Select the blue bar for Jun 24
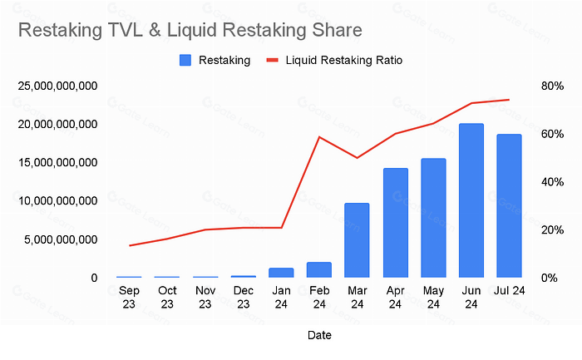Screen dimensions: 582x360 [x=471, y=200]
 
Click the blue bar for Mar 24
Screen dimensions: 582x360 [x=357, y=240]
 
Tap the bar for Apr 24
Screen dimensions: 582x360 [x=395, y=223]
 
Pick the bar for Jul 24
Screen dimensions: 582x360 [x=509, y=205]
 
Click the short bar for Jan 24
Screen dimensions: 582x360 [x=281, y=273]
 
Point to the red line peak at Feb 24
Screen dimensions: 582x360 [x=319, y=137]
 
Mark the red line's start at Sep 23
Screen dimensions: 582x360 [x=129, y=246]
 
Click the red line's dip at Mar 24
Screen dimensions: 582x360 [x=357, y=158]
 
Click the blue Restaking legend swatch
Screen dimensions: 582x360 [x=185, y=60]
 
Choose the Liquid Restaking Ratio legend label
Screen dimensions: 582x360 [x=343, y=60]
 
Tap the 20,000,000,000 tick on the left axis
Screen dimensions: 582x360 [x=57, y=124]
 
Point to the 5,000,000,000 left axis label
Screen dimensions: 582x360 [x=61, y=239]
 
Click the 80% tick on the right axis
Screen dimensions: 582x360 [x=552, y=86]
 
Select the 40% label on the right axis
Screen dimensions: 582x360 [x=552, y=182]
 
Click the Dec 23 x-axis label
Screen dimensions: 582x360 [x=243, y=298]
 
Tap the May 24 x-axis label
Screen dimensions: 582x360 [x=433, y=298]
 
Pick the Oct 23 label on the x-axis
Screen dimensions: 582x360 [x=167, y=298]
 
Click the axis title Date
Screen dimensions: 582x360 [x=319, y=335]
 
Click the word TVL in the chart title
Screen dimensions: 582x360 [x=125, y=30]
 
